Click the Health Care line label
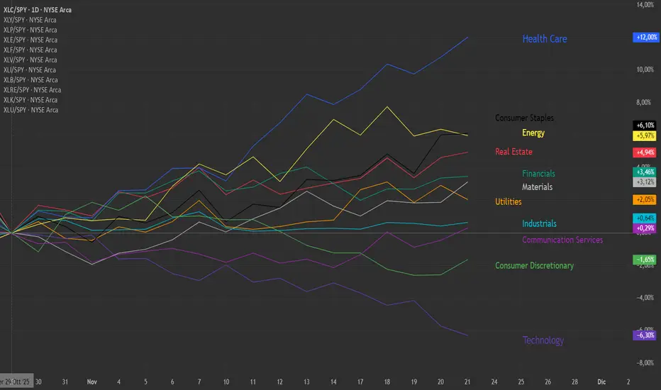(544, 39)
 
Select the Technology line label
(543, 340)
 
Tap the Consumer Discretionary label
(534, 266)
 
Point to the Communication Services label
(562, 240)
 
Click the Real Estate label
(513, 152)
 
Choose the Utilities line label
(509, 202)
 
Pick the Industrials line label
(539, 224)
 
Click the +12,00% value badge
(647, 38)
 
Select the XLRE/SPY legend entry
(32, 90)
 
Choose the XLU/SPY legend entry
(30, 110)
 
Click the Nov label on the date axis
(91, 381)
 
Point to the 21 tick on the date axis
(468, 381)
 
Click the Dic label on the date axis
(601, 381)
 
